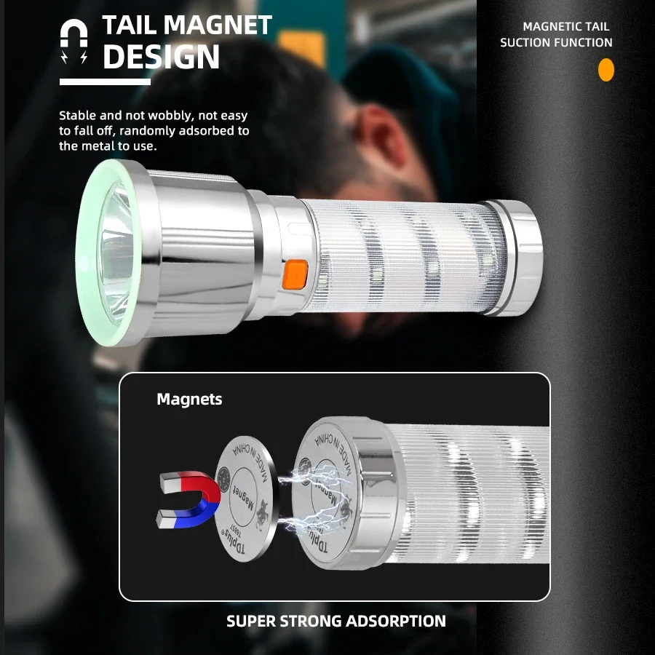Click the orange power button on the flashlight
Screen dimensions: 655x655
pos(295,276)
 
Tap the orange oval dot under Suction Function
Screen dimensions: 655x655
pos(606,71)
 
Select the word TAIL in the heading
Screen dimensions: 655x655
pos(130,25)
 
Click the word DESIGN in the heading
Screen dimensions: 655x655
pos(161,57)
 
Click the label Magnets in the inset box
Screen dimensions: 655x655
pos(189,399)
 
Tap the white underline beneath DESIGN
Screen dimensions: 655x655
pos(105,82)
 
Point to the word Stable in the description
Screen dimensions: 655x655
pos(77,116)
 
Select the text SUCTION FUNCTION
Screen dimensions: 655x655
pos(556,42)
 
